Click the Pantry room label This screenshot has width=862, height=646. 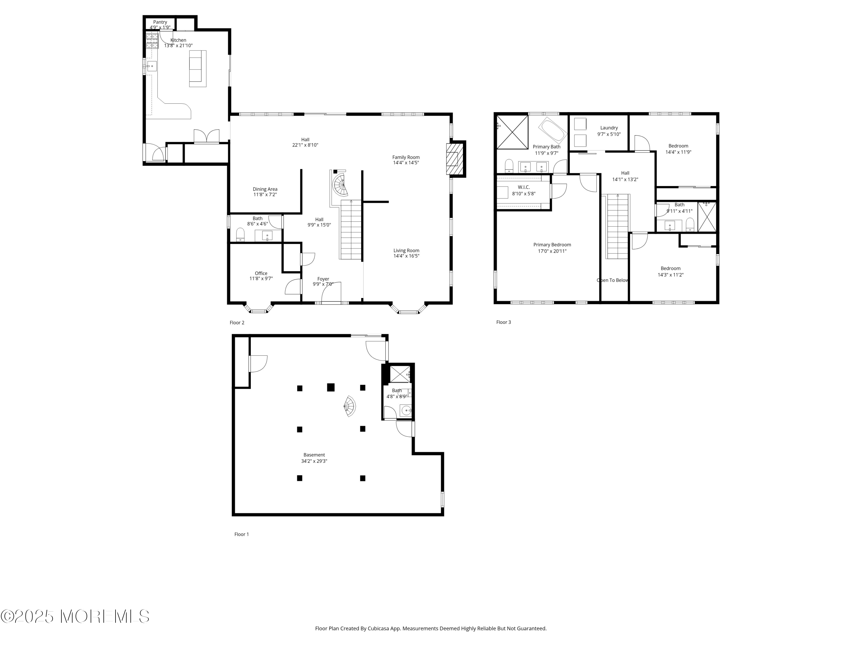tap(160, 22)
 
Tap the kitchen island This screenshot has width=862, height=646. tap(198, 69)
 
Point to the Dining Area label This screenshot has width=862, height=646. tap(265, 189)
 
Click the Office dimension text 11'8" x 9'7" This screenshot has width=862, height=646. tap(261, 278)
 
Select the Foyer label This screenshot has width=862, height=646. tap(323, 279)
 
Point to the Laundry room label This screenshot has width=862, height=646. tap(609, 128)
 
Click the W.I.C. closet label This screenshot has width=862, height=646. tap(524, 187)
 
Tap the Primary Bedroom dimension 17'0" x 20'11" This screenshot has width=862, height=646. tap(552, 251)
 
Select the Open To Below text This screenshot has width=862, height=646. tap(613, 280)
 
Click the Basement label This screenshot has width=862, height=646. tap(314, 455)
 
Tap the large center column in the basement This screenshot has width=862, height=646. tap(331, 387)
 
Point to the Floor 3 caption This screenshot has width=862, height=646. tap(503, 322)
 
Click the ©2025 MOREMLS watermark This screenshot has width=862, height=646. tap(75, 616)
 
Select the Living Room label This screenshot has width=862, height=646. tap(406, 251)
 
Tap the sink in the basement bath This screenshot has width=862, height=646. tap(406, 410)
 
